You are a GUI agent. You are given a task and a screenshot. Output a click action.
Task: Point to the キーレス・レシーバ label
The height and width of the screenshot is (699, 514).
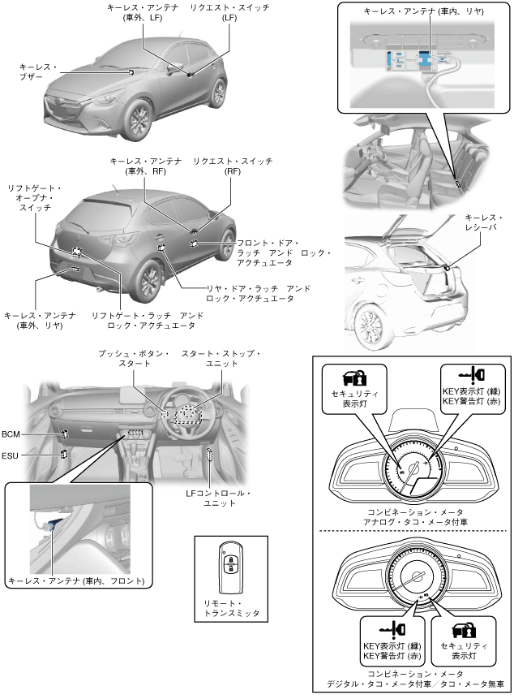(x=484, y=222)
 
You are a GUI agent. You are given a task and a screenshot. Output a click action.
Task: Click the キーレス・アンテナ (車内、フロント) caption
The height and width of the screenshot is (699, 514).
(x=76, y=581)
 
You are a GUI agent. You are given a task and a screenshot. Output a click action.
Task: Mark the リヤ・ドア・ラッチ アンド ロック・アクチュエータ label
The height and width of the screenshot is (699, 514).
(x=247, y=293)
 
